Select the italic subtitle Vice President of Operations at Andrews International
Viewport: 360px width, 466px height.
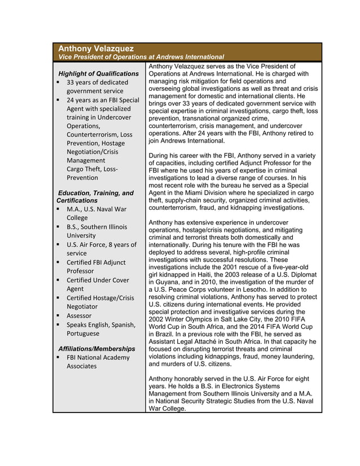click(x=141, y=57)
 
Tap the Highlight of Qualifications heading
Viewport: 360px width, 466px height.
click(x=98, y=73)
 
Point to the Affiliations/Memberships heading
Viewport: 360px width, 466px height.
click(x=96, y=349)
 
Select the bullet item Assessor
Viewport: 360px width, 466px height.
click(x=79, y=315)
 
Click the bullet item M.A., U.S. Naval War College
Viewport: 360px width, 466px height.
click(x=96, y=213)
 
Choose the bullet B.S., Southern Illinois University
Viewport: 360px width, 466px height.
click(x=96, y=231)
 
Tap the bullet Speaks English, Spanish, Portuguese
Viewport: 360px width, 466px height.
click(x=100, y=329)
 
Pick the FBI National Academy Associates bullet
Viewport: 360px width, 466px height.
click(x=98, y=362)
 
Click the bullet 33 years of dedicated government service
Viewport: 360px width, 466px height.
click(x=97, y=86)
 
